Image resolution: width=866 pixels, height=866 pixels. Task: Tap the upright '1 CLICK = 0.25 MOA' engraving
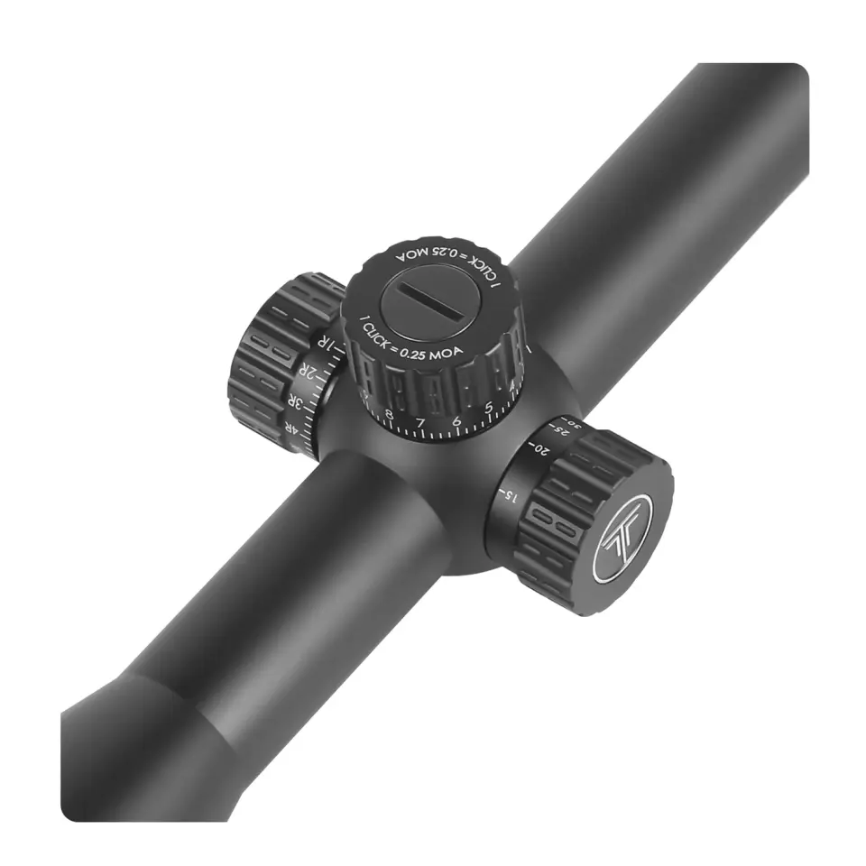(410, 341)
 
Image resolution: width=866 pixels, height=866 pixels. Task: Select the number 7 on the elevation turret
(420, 422)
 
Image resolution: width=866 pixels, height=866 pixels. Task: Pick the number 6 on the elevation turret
(456, 420)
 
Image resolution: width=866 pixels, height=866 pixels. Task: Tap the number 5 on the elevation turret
(488, 408)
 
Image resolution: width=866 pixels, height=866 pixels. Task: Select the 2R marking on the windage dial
(310, 373)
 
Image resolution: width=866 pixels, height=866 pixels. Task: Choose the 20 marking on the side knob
(540, 448)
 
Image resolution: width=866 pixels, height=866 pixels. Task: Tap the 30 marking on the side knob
(579, 423)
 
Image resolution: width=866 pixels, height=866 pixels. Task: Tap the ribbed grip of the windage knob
(271, 361)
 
